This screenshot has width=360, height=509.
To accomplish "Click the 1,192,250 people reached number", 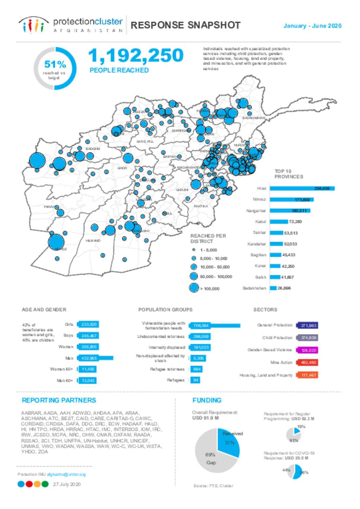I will (136, 56).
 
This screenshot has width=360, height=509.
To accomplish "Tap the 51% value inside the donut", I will (55, 64).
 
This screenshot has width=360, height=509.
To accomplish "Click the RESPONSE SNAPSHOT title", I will (185, 25).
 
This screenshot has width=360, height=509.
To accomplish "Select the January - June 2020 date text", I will (312, 26).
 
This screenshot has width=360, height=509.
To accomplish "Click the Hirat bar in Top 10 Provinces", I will (302, 189).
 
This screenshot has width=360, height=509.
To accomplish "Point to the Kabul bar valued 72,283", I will (279, 222).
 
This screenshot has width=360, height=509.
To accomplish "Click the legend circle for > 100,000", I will (194, 288).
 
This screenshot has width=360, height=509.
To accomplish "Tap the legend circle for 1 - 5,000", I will (194, 250).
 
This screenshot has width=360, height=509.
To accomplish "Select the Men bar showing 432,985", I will (95, 358).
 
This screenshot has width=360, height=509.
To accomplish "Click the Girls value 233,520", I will (88, 324).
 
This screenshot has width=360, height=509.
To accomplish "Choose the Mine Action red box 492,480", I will (307, 363).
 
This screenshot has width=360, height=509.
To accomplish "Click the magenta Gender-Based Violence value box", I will (307, 350).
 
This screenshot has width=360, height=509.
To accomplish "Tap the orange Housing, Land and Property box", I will (307, 375).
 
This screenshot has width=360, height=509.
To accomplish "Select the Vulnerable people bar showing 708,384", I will (215, 326).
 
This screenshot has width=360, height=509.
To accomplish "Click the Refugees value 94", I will (195, 380).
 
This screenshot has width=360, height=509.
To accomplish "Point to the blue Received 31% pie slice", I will (229, 442).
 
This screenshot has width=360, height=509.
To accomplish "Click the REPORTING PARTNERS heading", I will (59, 400).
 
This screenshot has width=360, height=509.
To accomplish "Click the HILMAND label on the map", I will (93, 241).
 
